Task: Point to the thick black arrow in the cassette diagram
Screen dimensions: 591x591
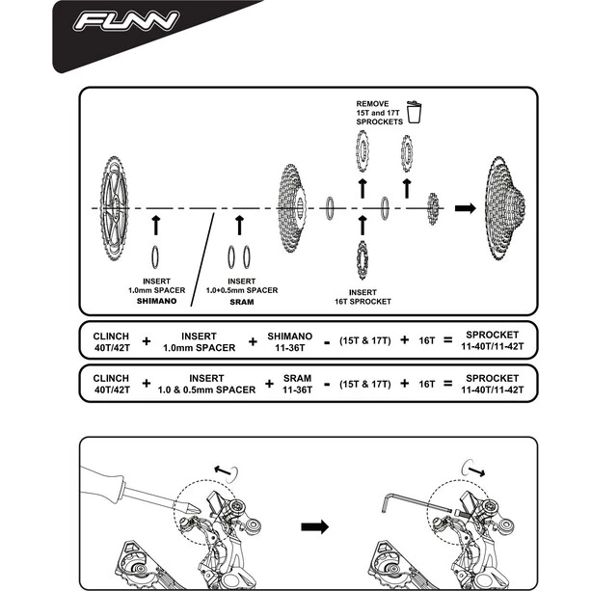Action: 465,207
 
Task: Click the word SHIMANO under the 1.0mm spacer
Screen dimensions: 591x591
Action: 156,301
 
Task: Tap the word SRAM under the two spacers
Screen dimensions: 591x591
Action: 241,301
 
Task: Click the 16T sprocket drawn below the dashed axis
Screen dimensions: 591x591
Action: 363,258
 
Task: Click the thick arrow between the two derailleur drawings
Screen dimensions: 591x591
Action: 314,527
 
